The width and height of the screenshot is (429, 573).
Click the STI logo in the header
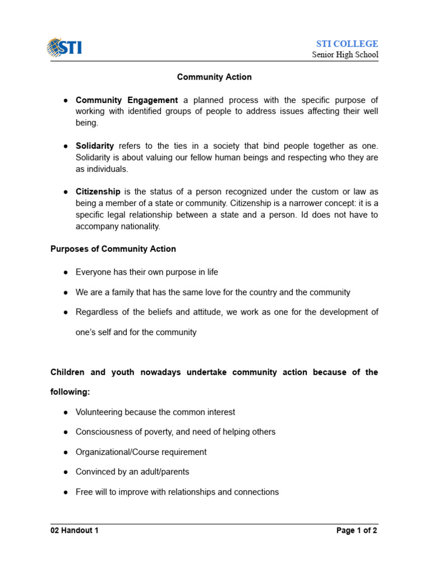point(64,46)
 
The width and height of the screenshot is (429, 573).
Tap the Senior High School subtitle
point(345,55)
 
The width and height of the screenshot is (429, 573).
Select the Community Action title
point(214,77)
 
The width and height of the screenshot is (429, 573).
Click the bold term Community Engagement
point(127,100)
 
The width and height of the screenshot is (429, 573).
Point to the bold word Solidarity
point(95,145)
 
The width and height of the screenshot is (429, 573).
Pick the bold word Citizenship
point(98,191)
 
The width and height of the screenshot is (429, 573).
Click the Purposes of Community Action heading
point(113,249)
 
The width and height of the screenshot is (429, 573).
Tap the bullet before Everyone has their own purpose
point(66,272)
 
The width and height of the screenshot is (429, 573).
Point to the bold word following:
point(70,392)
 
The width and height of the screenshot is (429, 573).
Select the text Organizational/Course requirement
point(141,452)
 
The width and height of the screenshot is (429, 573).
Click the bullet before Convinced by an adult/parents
point(66,472)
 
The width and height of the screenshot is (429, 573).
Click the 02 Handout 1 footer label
point(75,531)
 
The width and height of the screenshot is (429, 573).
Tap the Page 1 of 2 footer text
point(357,531)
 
